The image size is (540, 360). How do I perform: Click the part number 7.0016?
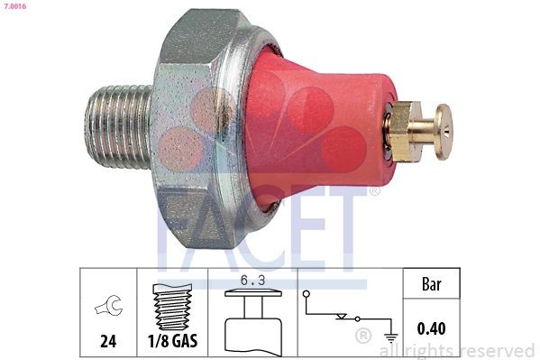(15, 7)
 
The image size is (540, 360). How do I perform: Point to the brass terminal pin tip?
(443, 131)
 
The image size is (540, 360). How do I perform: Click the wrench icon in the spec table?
(106, 309)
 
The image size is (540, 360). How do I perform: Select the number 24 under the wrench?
(107, 342)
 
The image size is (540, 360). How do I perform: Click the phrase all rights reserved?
(457, 350)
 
